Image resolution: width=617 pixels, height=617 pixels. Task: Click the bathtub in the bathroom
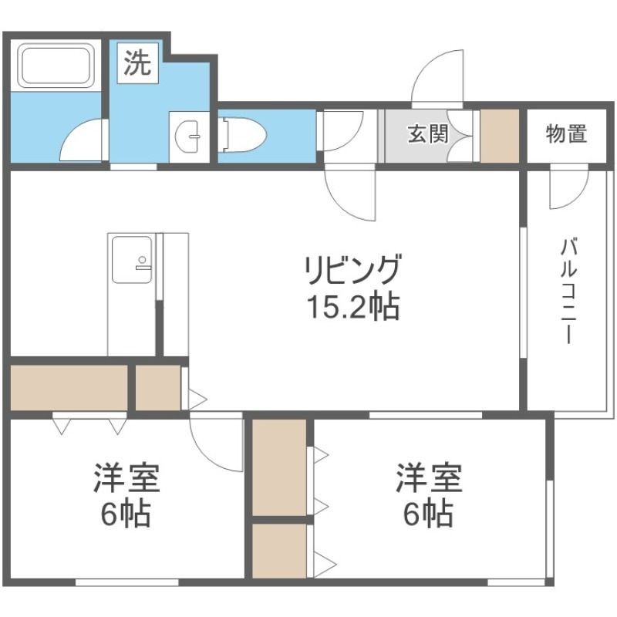point(56,65)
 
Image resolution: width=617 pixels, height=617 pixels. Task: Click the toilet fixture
point(244,134)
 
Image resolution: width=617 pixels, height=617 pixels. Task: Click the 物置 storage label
point(566,134)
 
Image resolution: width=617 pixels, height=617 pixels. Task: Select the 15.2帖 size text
point(352,307)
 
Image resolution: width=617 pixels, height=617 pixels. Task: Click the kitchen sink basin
point(130,259)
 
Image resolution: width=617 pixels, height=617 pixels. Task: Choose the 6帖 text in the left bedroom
point(126,513)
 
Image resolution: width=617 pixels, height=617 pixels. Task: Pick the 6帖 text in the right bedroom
point(429,513)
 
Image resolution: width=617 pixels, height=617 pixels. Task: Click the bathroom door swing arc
point(83,141)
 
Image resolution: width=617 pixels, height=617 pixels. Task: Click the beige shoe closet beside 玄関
point(500,137)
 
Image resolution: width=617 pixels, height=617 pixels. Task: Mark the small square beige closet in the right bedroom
point(278,550)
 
